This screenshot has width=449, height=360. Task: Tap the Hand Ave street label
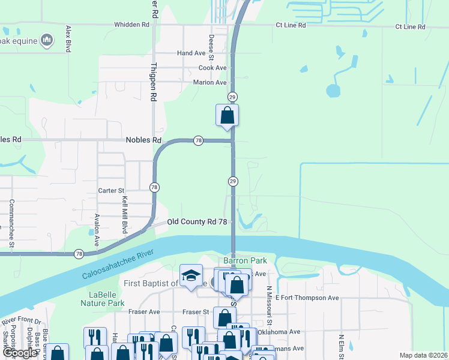pos(191,53)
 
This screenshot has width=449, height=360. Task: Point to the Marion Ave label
pos(209,82)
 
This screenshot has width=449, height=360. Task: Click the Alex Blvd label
pos(69,39)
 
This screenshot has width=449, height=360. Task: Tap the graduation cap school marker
pos(191,275)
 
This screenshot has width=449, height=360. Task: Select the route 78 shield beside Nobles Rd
pos(198,140)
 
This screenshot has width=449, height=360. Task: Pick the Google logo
pos(20,353)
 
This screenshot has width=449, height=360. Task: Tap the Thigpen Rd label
pos(154,81)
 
